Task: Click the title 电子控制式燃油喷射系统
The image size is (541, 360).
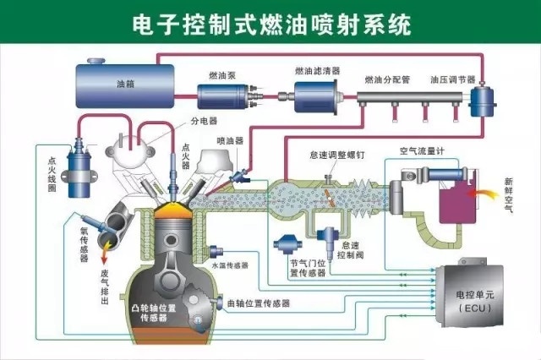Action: click(270, 24)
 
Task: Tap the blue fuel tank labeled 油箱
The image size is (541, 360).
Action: click(124, 83)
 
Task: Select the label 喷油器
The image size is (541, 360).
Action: click(229, 140)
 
